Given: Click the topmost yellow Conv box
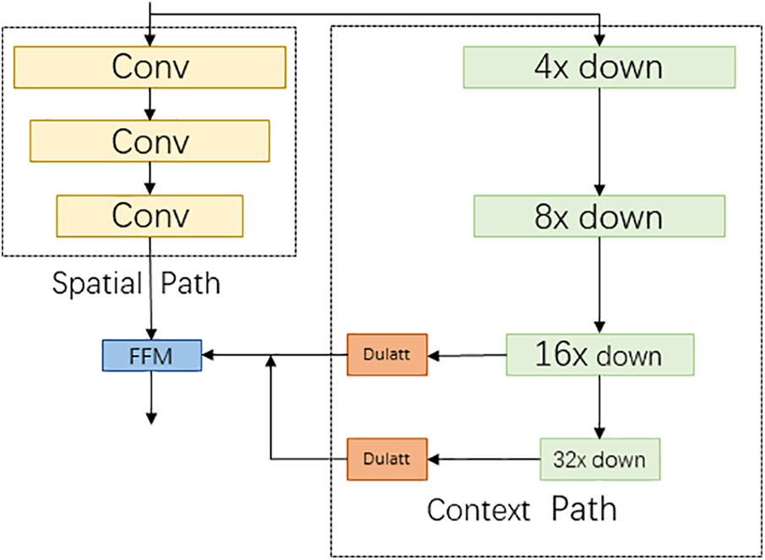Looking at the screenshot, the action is (x=150, y=68).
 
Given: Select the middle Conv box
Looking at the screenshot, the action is (x=150, y=140).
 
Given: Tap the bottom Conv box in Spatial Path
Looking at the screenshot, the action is (x=150, y=216).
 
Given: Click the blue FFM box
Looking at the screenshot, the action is (x=151, y=355).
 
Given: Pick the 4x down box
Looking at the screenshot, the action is (x=599, y=68).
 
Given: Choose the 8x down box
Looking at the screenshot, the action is (x=599, y=217).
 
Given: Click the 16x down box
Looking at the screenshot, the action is (x=600, y=354).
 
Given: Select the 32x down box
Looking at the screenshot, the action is (x=599, y=459).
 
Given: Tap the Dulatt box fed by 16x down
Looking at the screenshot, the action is (x=387, y=355).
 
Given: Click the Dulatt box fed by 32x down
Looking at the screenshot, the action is (x=387, y=459).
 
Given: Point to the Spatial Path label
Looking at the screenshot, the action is (x=136, y=283).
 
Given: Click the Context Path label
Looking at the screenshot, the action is (x=522, y=509).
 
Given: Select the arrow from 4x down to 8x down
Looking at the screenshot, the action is (x=599, y=142).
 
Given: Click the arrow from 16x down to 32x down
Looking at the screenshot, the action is (x=599, y=407).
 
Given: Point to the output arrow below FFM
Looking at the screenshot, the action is (x=151, y=398).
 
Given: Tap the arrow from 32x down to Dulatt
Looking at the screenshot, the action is (x=484, y=459).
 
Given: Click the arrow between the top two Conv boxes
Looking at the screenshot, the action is (x=150, y=105).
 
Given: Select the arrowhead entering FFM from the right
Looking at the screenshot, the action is (x=207, y=355).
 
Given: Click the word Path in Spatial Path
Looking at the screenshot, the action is (x=190, y=283).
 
